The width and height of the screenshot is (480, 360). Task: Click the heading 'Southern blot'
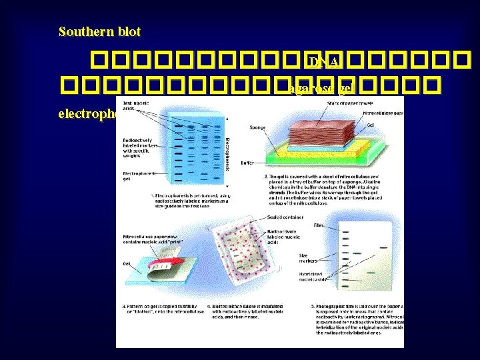point(100,32)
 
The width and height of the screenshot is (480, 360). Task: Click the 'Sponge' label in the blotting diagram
point(257,126)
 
